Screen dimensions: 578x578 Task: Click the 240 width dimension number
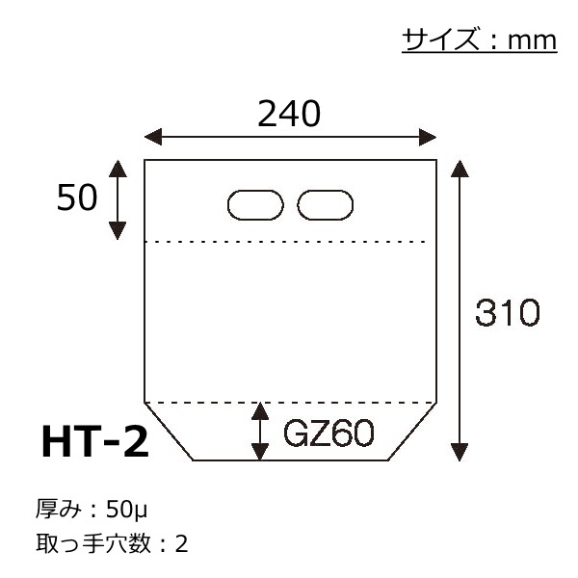click(289, 114)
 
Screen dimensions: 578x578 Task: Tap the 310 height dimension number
click(508, 312)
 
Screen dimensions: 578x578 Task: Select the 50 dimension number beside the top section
click(77, 197)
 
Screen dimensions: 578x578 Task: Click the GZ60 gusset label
click(328, 433)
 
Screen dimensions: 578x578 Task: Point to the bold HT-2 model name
click(95, 440)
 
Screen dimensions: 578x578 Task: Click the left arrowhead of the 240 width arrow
click(153, 137)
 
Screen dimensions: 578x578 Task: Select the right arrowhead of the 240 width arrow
click(428, 137)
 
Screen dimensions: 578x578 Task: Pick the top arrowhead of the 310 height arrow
click(460, 169)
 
